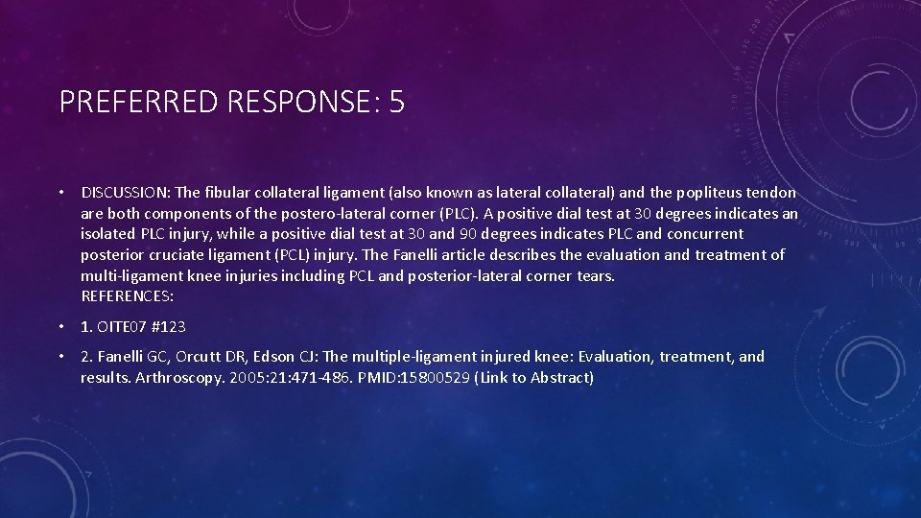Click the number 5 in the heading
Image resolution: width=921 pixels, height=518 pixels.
pos(396,102)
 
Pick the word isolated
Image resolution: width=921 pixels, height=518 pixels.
pos(109,234)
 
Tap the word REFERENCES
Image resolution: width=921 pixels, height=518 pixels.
pos(127,296)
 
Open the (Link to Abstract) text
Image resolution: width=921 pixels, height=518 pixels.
pos(534,378)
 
